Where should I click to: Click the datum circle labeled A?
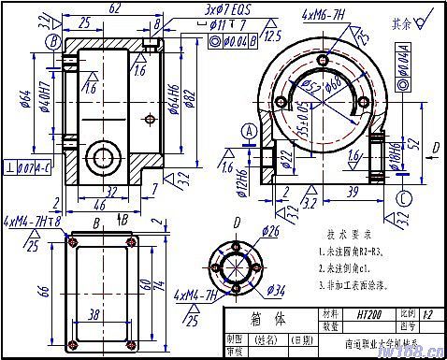pos(248,134)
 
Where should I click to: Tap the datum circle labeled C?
pos(401,197)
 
